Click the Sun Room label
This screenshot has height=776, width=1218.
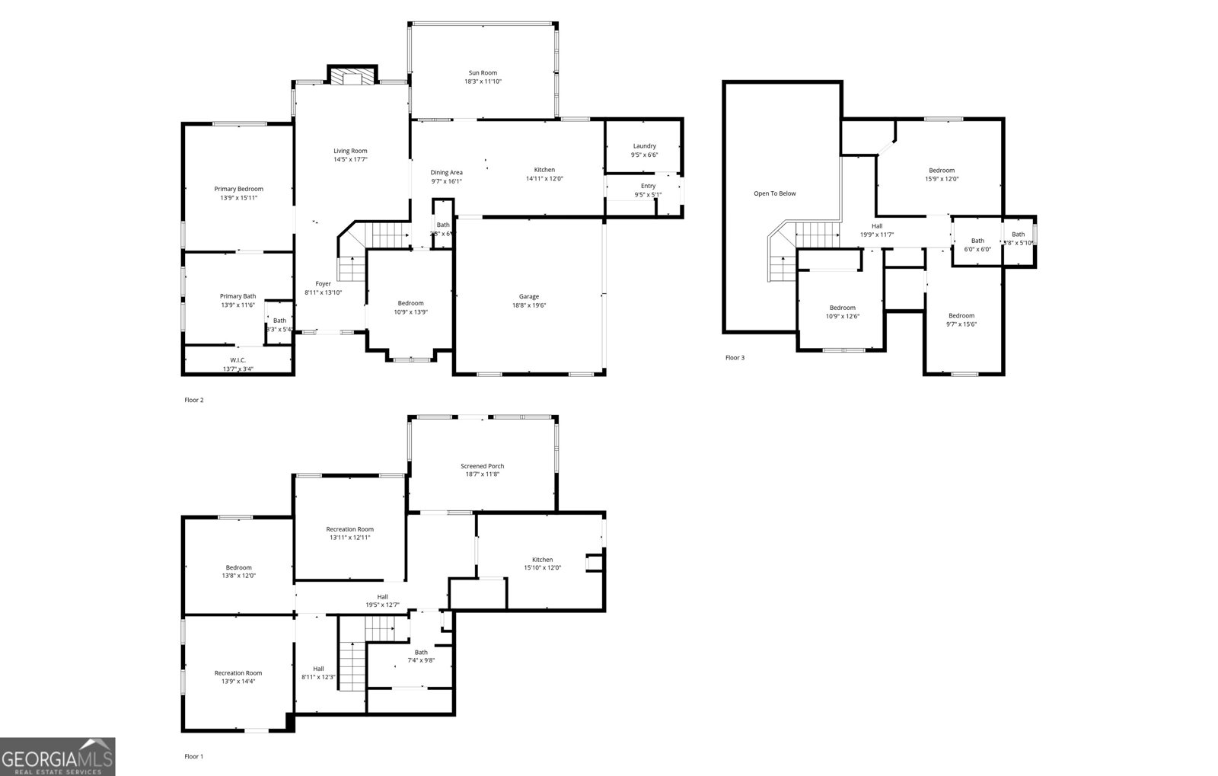pyautogui.click(x=483, y=73)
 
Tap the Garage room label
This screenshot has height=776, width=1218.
pyautogui.click(x=529, y=297)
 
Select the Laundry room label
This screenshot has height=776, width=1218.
pyautogui.click(x=644, y=146)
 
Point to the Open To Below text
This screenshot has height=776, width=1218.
pyautogui.click(x=774, y=193)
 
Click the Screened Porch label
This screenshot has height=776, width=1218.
pyautogui.click(x=482, y=466)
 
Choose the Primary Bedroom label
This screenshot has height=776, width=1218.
pyautogui.click(x=238, y=189)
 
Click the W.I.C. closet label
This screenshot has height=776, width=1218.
pyautogui.click(x=238, y=360)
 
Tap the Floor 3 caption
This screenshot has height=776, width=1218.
pyautogui.click(x=735, y=357)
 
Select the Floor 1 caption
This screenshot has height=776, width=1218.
pyautogui.click(x=194, y=756)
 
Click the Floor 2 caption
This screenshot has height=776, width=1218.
pyautogui.click(x=194, y=400)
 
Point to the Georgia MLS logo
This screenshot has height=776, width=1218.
pyautogui.click(x=58, y=757)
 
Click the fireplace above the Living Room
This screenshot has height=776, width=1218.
pyautogui.click(x=352, y=76)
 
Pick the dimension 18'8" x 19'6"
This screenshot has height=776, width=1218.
pyautogui.click(x=529, y=305)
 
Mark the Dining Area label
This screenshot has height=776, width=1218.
pyautogui.click(x=446, y=173)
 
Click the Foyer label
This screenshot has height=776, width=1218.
pyautogui.click(x=323, y=283)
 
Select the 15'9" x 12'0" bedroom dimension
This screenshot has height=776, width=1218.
pyautogui.click(x=942, y=179)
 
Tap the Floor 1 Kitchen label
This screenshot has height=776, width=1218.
pyautogui.click(x=542, y=560)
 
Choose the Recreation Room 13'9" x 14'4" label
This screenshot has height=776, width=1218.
pyautogui.click(x=238, y=673)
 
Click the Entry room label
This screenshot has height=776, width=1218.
pyautogui.click(x=648, y=186)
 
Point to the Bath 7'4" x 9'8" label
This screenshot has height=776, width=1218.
pyautogui.click(x=421, y=652)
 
